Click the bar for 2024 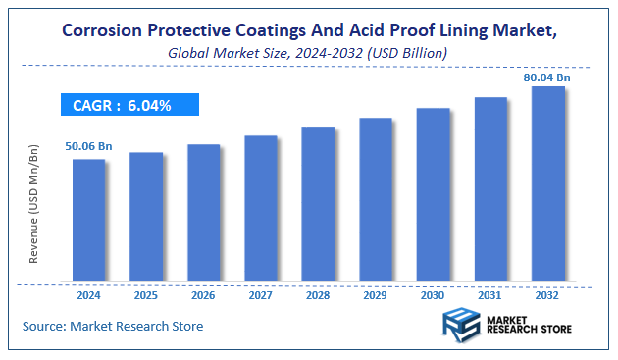[88, 221]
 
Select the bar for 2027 [261, 209]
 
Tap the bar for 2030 [433, 195]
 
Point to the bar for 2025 [146, 217]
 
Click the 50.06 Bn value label [89, 146]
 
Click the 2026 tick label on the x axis [203, 294]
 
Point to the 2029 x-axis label [376, 294]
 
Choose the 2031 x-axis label [490, 294]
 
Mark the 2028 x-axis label [318, 294]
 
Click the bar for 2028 [318, 204]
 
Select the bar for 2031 [490, 190]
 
